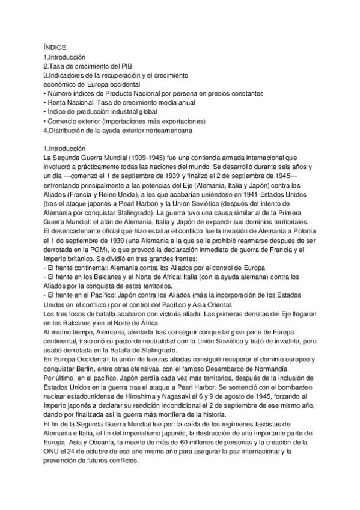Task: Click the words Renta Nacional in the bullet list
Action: (69, 103)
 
